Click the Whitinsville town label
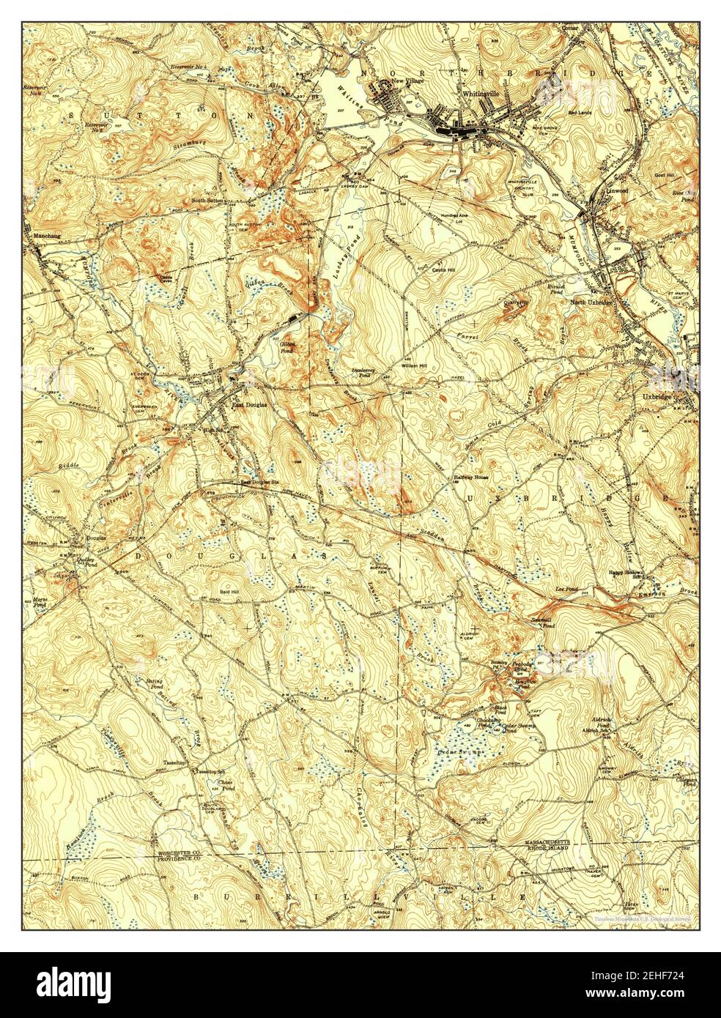[481, 94]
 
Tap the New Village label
[409, 81]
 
